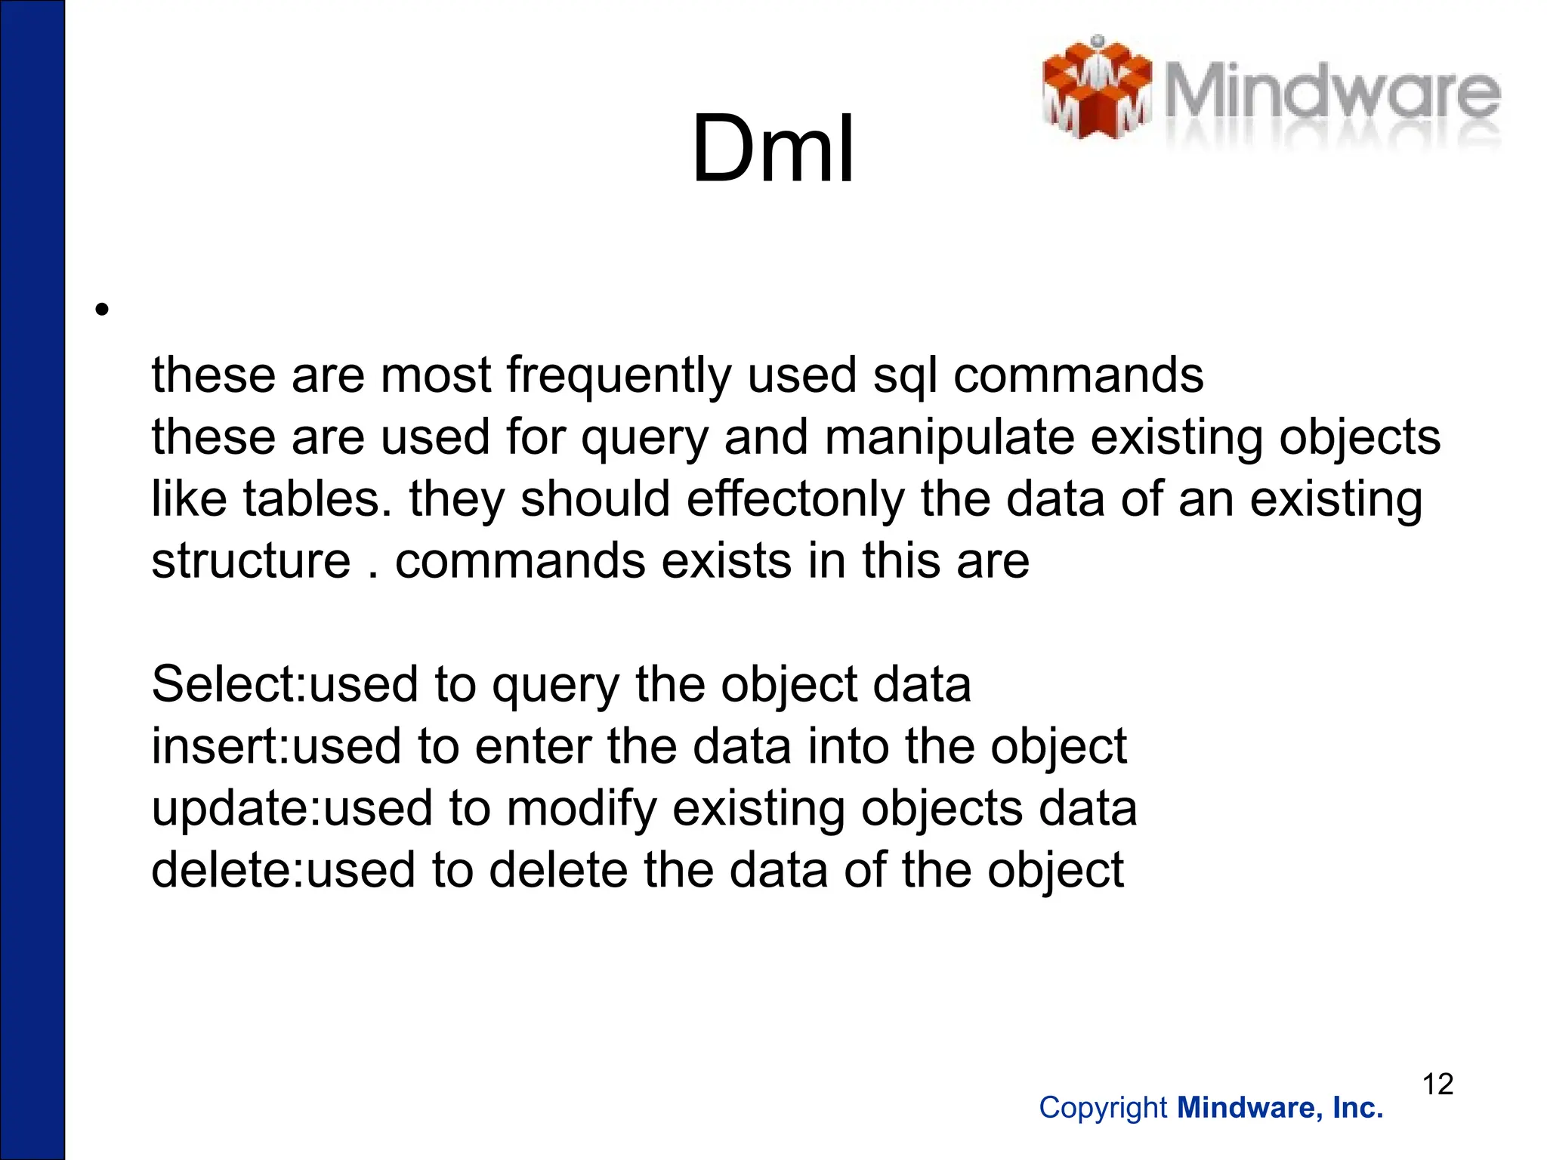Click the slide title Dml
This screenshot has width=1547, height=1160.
773,149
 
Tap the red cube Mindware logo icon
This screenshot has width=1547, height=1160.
1096,89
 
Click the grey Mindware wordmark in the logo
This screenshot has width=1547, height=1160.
1331,94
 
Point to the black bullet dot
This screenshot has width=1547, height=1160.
102,309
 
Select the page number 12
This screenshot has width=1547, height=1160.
1437,1084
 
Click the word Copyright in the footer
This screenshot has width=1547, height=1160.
1103,1108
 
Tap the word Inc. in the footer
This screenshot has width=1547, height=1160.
1357,1108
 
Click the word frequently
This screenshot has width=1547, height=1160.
619,375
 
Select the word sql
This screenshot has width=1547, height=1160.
904,375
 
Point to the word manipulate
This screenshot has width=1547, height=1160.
949,437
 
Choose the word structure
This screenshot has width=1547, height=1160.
251,561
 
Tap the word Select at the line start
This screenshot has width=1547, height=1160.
227,685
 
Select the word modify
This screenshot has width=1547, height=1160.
582,809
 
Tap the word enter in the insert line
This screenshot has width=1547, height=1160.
533,747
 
